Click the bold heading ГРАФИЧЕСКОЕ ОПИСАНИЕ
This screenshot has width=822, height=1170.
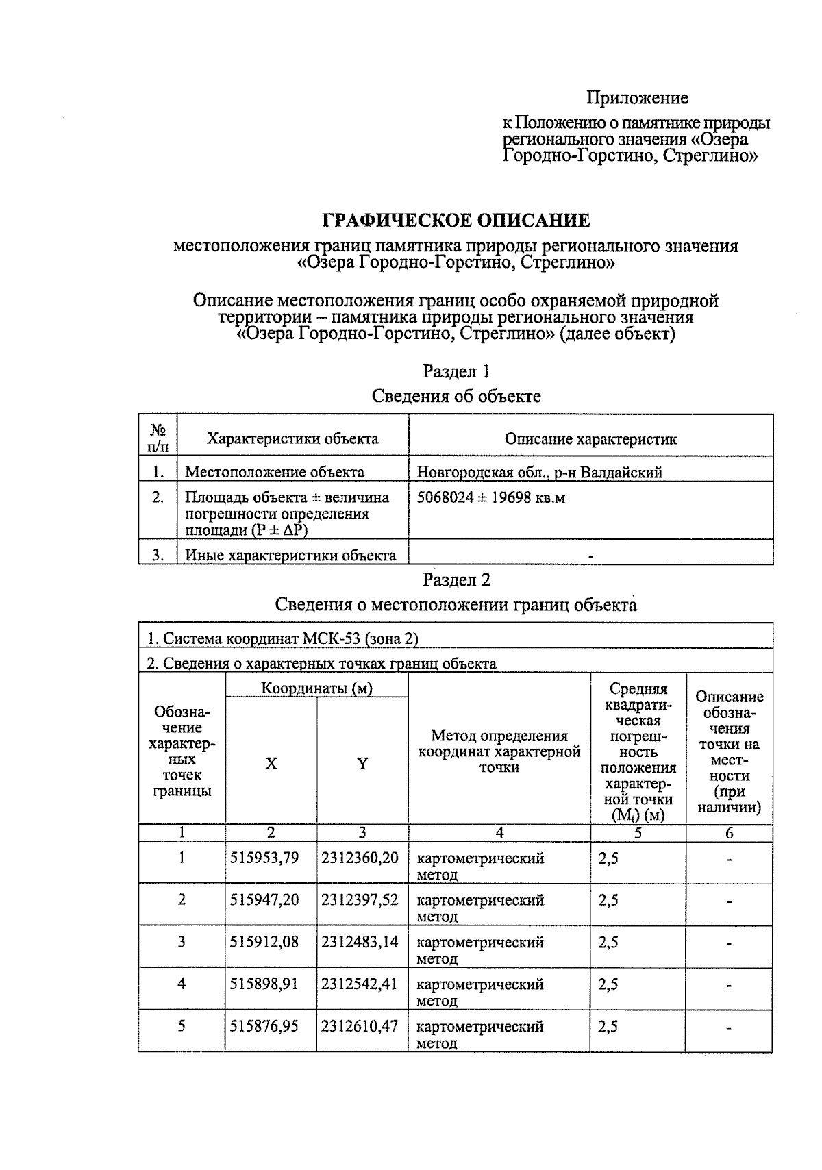click(x=456, y=221)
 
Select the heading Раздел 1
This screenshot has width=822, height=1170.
click(x=456, y=371)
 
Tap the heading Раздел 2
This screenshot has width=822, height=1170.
click(x=456, y=580)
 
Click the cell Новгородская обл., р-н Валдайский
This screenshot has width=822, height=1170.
click(x=539, y=472)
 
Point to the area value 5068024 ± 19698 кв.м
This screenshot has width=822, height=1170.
click(x=490, y=498)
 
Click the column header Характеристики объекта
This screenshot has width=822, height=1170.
click(x=292, y=438)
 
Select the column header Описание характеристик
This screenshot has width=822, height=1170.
click(x=590, y=439)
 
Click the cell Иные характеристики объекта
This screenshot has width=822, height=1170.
click(x=290, y=556)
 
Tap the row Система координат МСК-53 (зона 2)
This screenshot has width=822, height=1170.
click(x=282, y=638)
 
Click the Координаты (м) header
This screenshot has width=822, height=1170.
click(x=316, y=688)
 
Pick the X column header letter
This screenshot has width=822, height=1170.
click(x=271, y=764)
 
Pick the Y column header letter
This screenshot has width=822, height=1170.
click(x=362, y=764)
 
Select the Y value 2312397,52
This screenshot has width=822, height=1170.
click(x=360, y=899)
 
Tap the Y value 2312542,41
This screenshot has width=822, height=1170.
click(x=360, y=984)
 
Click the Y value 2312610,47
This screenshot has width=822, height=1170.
click(x=360, y=1027)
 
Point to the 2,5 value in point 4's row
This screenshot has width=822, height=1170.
click(x=608, y=984)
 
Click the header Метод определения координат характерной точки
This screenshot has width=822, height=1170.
click(x=499, y=751)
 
